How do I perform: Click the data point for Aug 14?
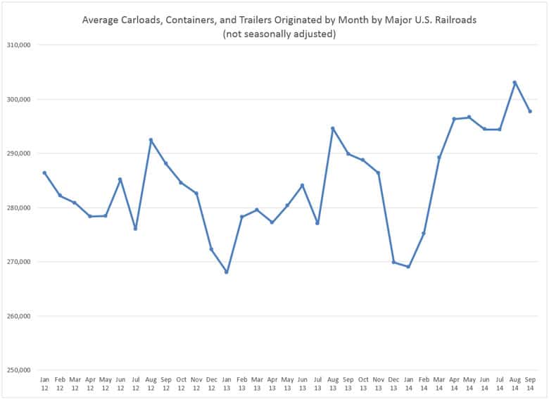point(515,82)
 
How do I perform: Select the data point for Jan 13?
point(226,272)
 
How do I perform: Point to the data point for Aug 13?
point(332,128)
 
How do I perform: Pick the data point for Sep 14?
point(530,111)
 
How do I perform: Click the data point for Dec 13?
point(393,262)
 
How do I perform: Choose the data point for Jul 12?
point(135,229)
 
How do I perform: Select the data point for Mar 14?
point(439,157)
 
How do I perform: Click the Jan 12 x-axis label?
point(44,384)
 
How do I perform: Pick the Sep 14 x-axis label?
point(530,384)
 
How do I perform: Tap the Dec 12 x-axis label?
point(211,384)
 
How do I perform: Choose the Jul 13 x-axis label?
point(317,384)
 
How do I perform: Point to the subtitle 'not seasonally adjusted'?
point(279,34)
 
